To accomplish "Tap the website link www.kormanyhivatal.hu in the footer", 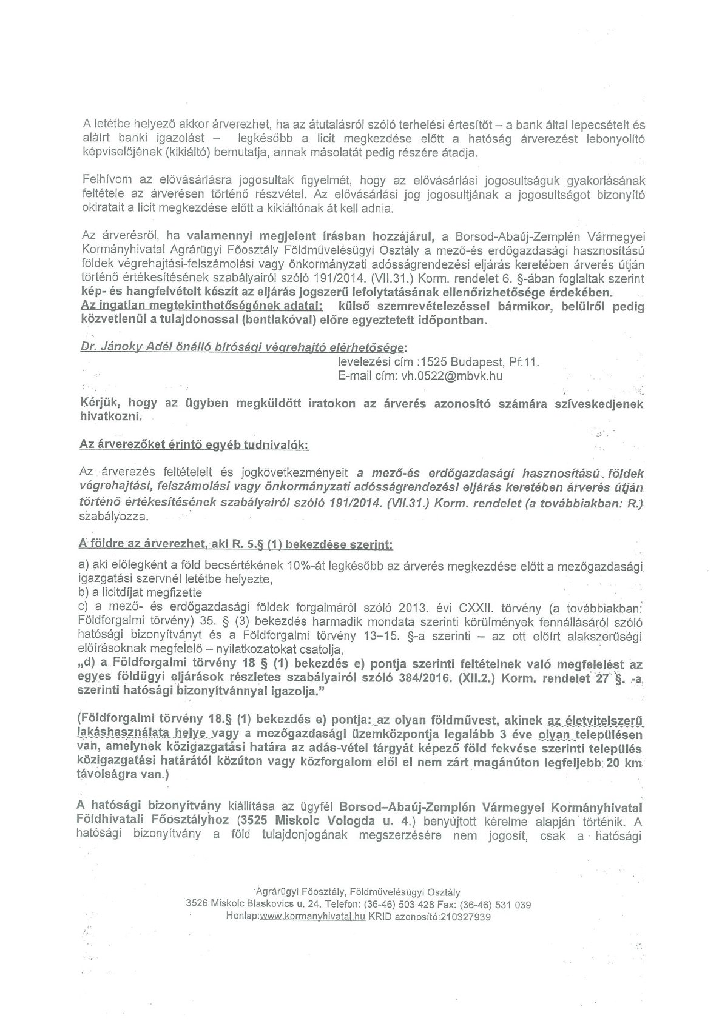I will point(312,917).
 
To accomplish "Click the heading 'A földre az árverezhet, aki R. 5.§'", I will point(237,545).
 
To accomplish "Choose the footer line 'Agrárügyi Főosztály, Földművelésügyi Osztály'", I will point(358,892).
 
